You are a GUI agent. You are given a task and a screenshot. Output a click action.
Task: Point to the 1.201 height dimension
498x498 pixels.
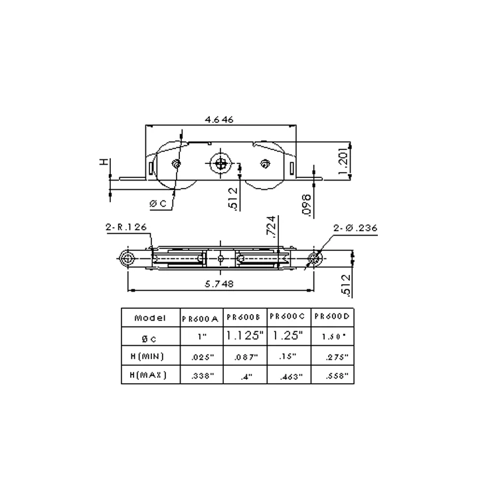point(343,161)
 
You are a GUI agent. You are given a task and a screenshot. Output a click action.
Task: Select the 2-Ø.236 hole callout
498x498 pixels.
point(355,228)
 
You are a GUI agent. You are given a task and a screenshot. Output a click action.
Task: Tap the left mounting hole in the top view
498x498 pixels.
point(127,258)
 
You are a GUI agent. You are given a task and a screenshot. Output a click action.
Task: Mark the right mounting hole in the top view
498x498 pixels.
point(313,258)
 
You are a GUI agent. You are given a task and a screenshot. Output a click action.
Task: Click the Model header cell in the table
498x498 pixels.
point(150,317)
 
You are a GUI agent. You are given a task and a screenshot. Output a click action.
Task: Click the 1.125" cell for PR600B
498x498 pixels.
point(245,336)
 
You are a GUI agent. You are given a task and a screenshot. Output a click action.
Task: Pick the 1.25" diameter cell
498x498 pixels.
point(288,336)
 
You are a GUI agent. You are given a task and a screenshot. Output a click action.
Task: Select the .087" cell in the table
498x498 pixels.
point(245,357)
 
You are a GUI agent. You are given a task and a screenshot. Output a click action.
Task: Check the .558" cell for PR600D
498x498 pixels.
point(334,376)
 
